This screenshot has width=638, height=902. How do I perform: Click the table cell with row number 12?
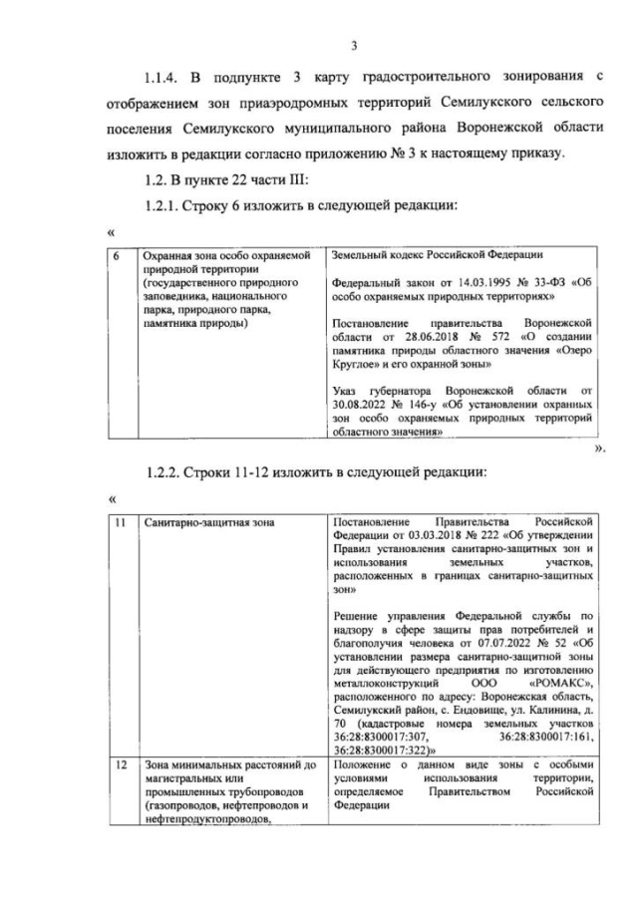point(118,764)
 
